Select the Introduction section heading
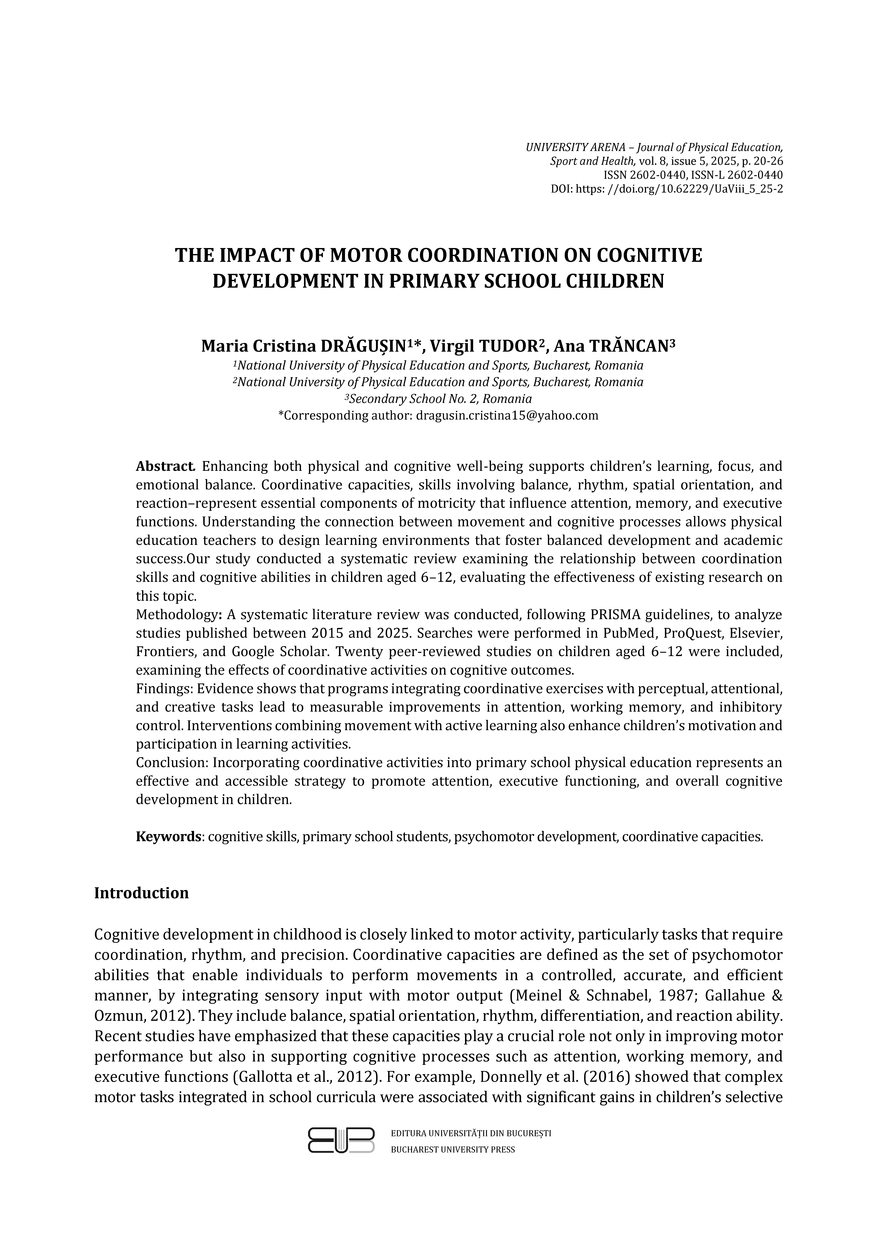[x=142, y=908]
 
